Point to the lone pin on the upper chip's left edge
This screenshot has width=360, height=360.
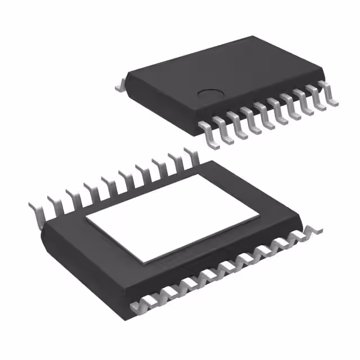tap(119, 85)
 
